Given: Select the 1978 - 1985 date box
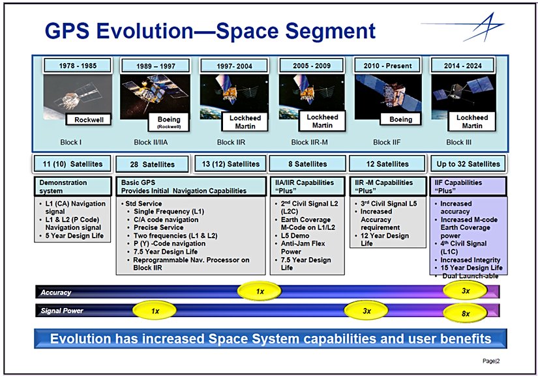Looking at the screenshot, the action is coord(78,66).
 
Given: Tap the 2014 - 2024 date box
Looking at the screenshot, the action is coord(462,66).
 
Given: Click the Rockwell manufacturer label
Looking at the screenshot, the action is coord(89,120).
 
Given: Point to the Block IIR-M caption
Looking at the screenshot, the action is coord(310,142).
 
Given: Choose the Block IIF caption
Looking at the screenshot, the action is coord(387,142).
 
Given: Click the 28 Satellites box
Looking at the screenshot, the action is coord(153,164).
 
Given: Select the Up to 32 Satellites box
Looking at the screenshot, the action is coord(468,164).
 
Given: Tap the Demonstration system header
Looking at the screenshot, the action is coord(73,186).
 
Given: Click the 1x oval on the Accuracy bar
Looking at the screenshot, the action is coord(260,291).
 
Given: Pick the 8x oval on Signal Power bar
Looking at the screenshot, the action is coord(465,313).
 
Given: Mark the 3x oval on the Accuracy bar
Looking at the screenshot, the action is coord(465,290).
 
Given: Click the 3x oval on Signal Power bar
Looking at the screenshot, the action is coord(366,311).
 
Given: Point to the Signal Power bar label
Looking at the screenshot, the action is coord(62,311).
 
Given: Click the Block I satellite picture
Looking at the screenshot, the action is coord(78,96).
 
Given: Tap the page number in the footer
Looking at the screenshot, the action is coord(491,361).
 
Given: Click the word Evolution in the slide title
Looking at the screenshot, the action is coord(144,31).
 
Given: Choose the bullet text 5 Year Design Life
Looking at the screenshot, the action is coord(74,236).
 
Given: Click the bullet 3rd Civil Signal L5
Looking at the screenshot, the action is coord(389,204).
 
